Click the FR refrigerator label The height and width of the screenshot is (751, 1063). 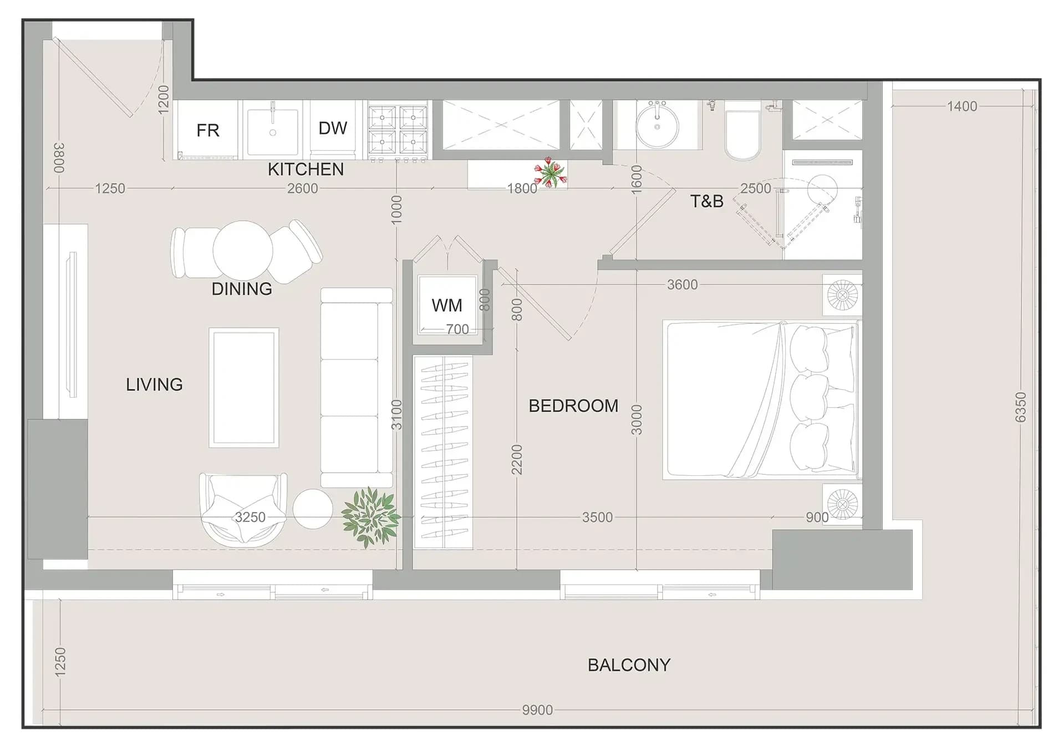[x=208, y=130]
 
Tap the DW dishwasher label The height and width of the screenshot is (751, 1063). [x=333, y=128]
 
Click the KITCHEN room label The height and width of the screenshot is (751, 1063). [x=306, y=169]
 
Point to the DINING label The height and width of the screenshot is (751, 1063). [x=242, y=289]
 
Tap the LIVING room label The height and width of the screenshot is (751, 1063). [x=154, y=384]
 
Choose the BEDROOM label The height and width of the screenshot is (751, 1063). [x=573, y=406]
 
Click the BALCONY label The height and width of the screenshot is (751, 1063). [x=629, y=665]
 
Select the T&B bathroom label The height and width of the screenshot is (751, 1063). [x=706, y=201]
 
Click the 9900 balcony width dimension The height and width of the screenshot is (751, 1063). [x=537, y=710]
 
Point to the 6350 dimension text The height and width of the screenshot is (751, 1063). [x=1020, y=407]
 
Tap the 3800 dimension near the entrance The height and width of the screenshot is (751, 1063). [x=59, y=158]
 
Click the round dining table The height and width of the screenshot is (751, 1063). [x=243, y=250]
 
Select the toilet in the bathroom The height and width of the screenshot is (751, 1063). [x=742, y=130]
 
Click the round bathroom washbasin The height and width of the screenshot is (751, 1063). [x=657, y=125]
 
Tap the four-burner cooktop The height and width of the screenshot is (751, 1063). [x=398, y=131]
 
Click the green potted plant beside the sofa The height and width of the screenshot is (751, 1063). [x=370, y=517]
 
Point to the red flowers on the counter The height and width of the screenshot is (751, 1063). [x=551, y=172]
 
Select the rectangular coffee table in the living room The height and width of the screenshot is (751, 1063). [x=244, y=388]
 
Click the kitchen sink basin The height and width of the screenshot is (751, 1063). [x=272, y=132]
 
